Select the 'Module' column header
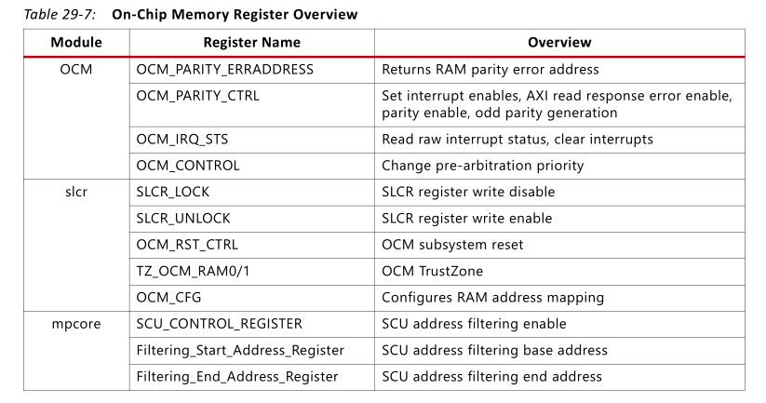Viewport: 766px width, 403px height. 76,43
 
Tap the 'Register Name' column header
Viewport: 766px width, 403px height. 251,43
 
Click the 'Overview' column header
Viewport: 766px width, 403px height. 558,43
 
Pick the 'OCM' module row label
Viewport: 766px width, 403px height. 76,70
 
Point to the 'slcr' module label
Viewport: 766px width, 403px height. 76,192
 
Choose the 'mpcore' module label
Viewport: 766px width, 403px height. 76,324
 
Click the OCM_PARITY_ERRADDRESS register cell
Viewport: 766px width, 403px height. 224,70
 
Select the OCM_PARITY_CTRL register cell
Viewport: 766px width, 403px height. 197,96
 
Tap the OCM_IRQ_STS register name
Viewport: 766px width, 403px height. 181,139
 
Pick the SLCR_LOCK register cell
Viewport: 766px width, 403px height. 179,192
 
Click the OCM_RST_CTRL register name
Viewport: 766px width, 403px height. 186,245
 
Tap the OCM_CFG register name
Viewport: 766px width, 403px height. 168,298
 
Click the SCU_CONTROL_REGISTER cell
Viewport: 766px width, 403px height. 219,324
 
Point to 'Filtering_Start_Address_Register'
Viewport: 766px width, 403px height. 240,350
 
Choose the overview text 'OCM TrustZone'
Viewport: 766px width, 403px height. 432,271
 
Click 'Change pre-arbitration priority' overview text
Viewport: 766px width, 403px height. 482,166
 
